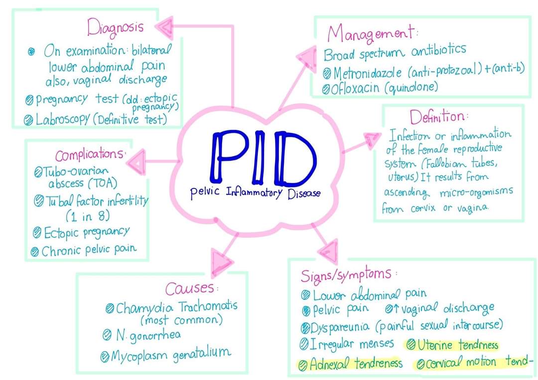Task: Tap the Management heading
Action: click(371, 33)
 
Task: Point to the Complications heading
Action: click(90, 154)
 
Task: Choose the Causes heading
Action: click(191, 288)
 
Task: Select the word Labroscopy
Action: click(62, 120)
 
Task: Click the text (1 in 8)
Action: click(88, 216)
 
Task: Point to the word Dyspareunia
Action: click(341, 327)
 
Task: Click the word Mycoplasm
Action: click(141, 356)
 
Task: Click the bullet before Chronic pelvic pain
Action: click(35, 251)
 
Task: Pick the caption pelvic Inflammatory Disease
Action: click(255, 192)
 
